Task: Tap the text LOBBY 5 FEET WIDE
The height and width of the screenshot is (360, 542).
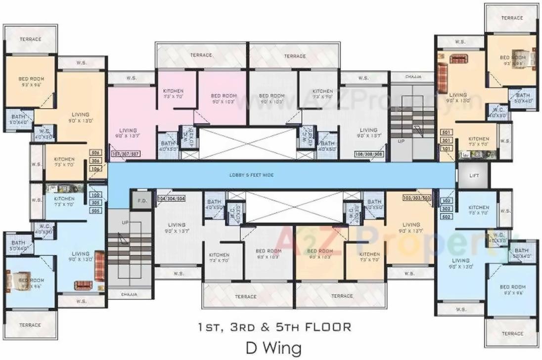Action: pos(251,175)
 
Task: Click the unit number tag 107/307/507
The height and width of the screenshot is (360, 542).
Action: pos(126,154)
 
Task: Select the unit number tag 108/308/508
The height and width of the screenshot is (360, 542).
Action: pos(369,154)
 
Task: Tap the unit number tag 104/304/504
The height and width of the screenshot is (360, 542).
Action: pos(171,198)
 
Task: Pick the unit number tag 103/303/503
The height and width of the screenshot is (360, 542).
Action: pos(417,198)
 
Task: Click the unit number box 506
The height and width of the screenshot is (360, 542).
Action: pos(95,153)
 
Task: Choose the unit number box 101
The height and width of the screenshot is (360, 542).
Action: pos(447,148)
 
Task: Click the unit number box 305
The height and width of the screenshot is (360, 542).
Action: pos(95,202)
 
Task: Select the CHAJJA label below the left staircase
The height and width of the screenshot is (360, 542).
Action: pos(129,294)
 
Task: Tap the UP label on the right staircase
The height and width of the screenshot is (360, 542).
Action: pos(401,141)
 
